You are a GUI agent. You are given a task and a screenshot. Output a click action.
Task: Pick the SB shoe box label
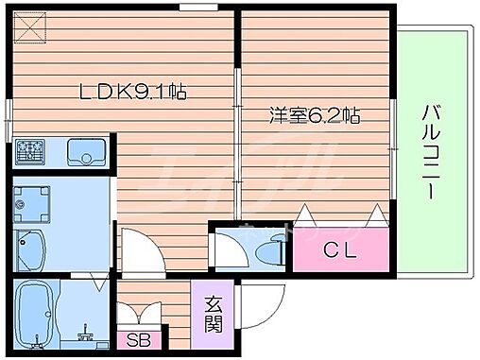[x=140, y=337]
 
